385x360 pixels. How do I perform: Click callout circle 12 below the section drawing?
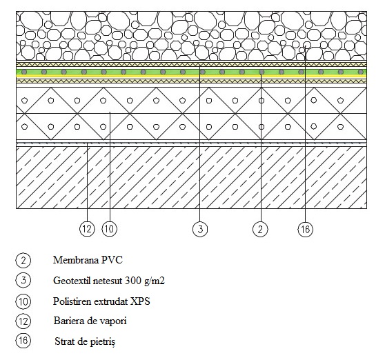tap(87, 229)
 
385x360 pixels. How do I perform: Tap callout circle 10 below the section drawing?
tap(110, 229)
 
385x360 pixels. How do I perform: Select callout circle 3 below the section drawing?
tap(200, 229)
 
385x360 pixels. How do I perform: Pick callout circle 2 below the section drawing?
tap(260, 229)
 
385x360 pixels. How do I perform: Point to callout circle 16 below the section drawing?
tap(306, 229)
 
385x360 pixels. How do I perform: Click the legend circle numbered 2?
tap(23, 260)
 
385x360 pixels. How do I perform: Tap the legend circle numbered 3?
tap(23, 280)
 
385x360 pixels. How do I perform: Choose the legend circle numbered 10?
tap(23, 301)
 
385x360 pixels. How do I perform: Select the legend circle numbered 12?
tap(23, 321)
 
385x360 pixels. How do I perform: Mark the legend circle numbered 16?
tap(23, 341)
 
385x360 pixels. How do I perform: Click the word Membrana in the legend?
tap(76, 260)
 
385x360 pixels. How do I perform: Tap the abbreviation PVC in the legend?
tap(112, 260)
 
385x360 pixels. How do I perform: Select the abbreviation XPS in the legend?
tap(140, 301)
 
